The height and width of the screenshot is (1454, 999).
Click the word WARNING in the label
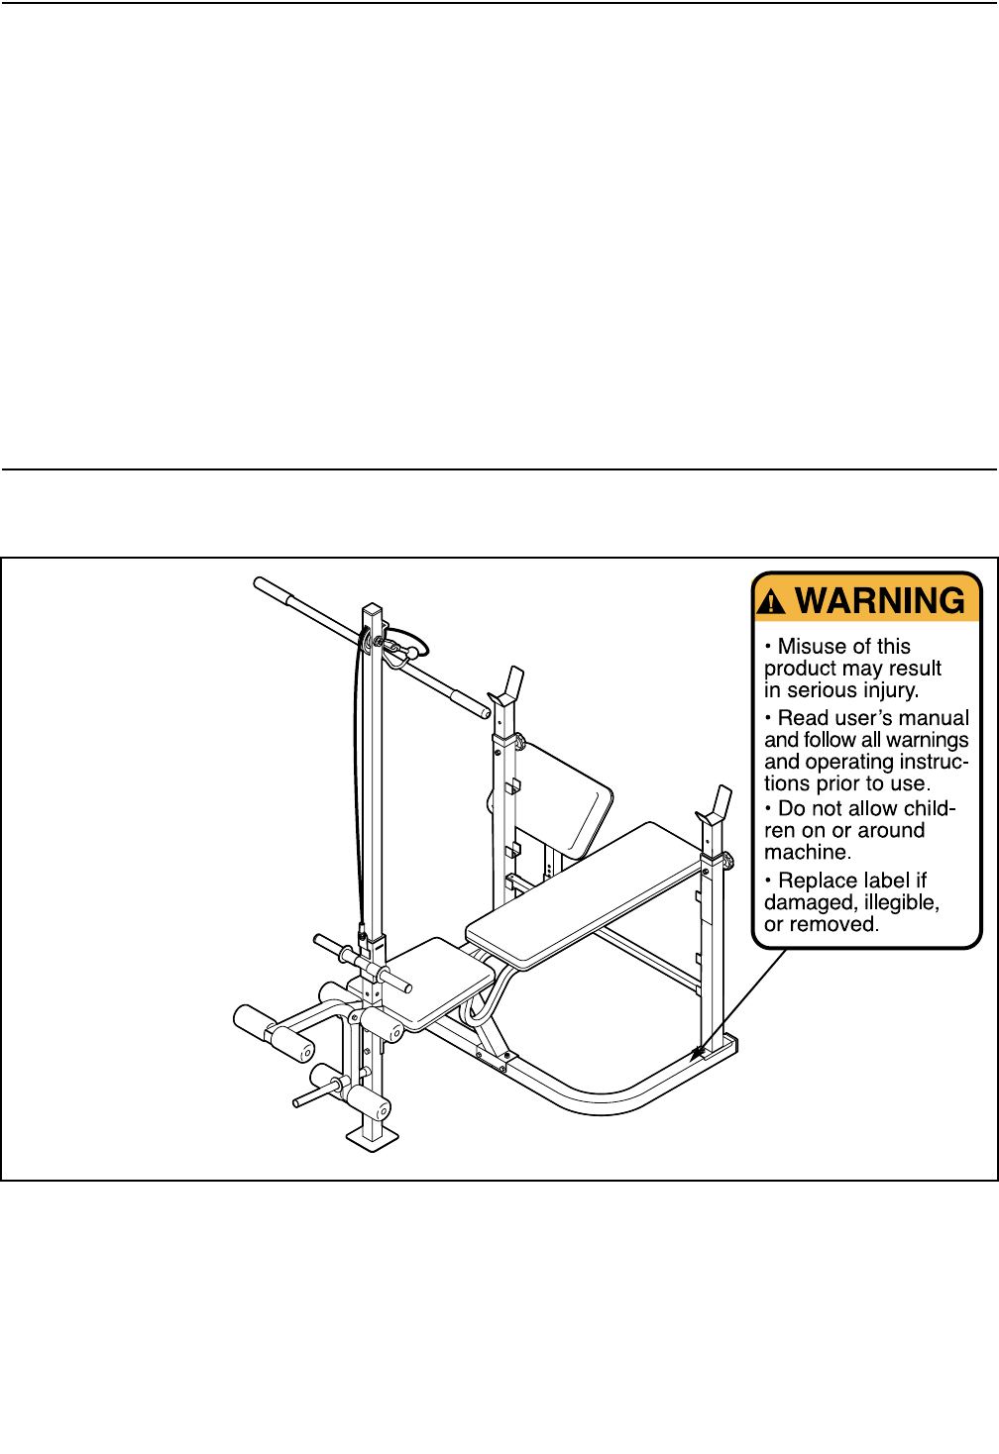(x=880, y=601)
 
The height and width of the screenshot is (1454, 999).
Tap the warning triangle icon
(x=771, y=603)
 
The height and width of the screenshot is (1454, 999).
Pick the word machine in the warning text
(x=806, y=853)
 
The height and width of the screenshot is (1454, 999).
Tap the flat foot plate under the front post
(x=372, y=1136)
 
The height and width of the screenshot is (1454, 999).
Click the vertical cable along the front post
(x=358, y=792)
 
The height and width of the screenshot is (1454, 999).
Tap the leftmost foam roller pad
(x=254, y=1022)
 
